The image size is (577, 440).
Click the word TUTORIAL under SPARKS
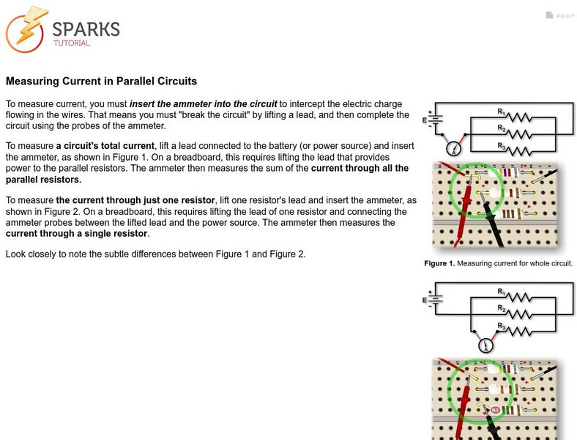click(71, 43)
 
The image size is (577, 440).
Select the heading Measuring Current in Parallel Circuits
click(101, 81)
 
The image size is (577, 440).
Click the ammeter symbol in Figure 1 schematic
click(455, 149)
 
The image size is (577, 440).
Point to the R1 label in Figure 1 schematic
click(502, 111)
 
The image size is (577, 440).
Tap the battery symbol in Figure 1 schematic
click(434, 119)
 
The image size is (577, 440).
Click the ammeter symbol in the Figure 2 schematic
click(484, 345)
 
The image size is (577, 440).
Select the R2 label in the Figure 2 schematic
click(502, 309)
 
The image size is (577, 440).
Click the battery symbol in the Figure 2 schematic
click(434, 299)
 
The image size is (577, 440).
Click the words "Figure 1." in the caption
click(439, 263)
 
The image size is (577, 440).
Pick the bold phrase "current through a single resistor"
click(77, 234)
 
